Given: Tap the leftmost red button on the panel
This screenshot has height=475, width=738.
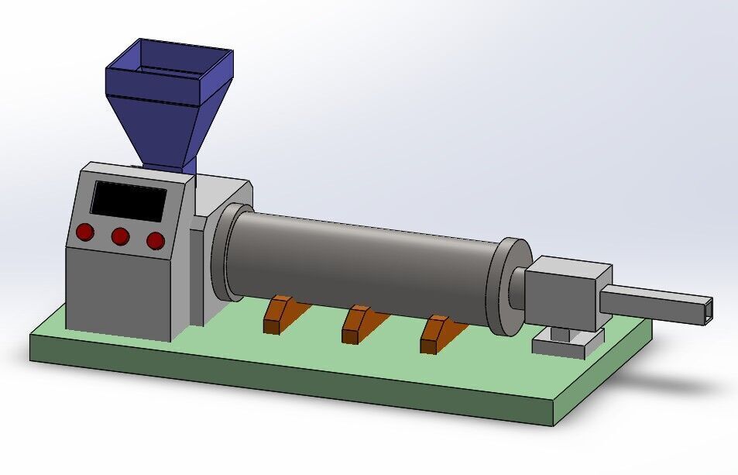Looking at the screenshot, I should click(x=84, y=232).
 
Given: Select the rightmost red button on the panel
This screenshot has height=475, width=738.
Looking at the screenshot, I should click(x=156, y=240).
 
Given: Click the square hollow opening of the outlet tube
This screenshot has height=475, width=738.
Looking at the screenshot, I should click(x=706, y=311).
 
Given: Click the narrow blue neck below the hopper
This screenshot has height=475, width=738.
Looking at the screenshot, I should click(x=191, y=167).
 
